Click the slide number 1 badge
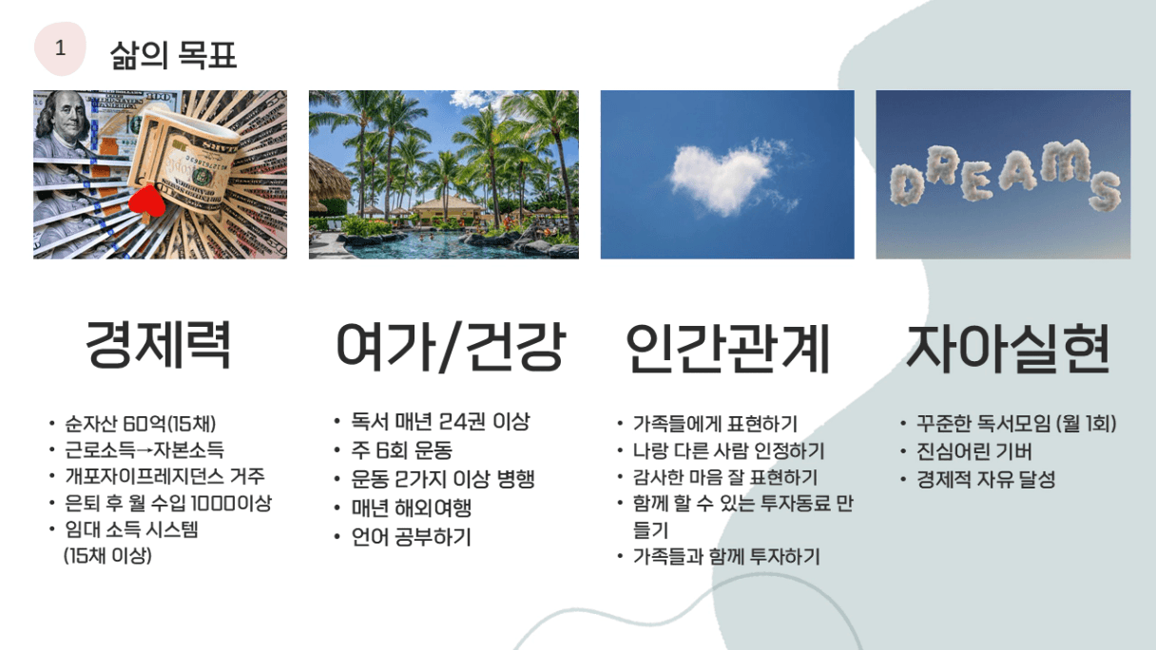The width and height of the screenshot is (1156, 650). click(x=60, y=48)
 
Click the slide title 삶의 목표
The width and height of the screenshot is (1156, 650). click(x=173, y=55)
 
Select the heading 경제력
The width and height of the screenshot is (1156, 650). click(x=158, y=344)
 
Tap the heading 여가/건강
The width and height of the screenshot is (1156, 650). click(x=451, y=346)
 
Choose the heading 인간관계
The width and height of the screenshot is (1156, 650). click(x=727, y=347)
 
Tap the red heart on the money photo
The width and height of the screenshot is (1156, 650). click(x=146, y=201)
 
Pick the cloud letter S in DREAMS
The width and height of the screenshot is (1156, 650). click(x=1105, y=192)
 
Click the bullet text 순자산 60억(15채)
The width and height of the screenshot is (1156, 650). click(x=140, y=424)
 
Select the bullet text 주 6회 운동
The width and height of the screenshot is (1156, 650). click(x=401, y=449)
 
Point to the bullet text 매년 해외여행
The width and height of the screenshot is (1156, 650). click(x=412, y=507)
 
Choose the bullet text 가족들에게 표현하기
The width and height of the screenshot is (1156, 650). click(x=715, y=424)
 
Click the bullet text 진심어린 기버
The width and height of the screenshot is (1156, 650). click(x=973, y=451)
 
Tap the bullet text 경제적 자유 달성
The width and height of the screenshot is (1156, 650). click(x=986, y=479)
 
